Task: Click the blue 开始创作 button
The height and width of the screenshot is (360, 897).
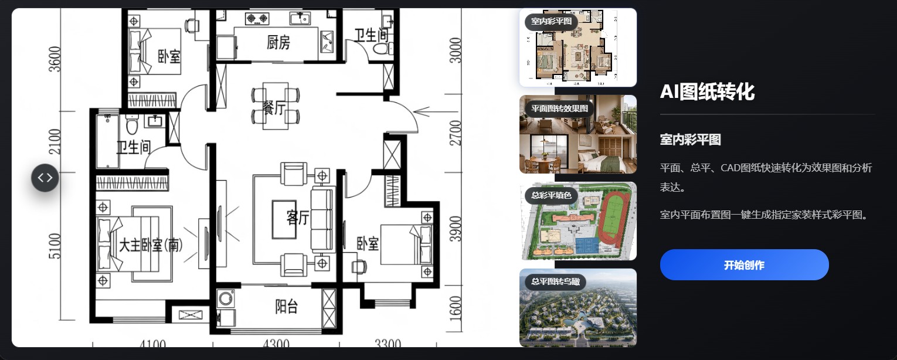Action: [744, 264]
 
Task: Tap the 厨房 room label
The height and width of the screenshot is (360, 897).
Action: [278, 42]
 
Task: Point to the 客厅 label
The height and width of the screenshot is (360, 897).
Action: [297, 218]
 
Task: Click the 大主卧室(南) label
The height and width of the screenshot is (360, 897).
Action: [151, 244]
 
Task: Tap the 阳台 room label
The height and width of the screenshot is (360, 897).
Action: [286, 307]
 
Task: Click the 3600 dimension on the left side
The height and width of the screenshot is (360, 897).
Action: [55, 59]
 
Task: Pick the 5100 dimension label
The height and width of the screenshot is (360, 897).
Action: [55, 246]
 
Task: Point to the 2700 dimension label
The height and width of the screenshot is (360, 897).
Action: [456, 133]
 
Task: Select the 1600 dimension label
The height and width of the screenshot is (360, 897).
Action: [456, 308]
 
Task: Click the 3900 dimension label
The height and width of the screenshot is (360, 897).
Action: [456, 229]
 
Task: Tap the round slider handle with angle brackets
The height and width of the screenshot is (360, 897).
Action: [45, 178]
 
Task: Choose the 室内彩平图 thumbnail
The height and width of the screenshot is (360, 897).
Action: [578, 47]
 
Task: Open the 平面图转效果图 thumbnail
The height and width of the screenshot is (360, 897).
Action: [578, 134]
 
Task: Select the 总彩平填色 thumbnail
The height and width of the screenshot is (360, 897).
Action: [578, 221]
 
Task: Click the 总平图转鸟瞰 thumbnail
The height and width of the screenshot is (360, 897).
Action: [578, 308]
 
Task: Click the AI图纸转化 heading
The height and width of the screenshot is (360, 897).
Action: [707, 91]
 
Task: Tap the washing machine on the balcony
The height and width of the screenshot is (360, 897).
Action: [226, 298]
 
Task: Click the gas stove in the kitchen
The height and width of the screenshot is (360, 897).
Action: [257, 18]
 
